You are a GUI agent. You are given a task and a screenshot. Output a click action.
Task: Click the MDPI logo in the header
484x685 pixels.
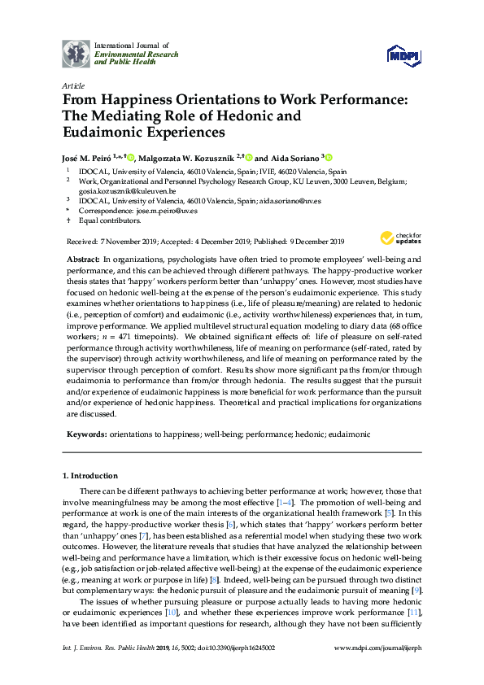[403, 55]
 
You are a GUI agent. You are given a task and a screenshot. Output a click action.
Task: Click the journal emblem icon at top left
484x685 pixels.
[76, 55]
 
